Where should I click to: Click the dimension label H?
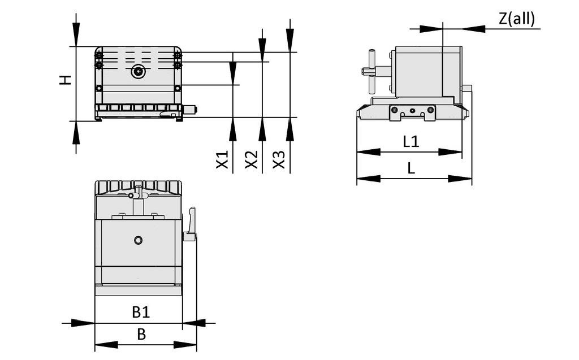pyautogui.click(x=67, y=80)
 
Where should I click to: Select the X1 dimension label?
pyautogui.click(x=223, y=160)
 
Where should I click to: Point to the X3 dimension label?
pyautogui.click(x=279, y=160)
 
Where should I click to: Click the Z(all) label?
pyautogui.click(x=516, y=19)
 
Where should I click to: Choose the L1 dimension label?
pyautogui.click(x=411, y=141)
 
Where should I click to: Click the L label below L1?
pyautogui.click(x=412, y=168)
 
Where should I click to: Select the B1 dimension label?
pyautogui.click(x=141, y=311)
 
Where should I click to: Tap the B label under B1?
pyautogui.click(x=141, y=334)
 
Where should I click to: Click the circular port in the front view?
pyautogui.click(x=138, y=72)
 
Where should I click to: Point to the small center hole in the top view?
pyautogui.click(x=138, y=240)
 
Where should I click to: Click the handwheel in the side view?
pyautogui.click(x=371, y=71)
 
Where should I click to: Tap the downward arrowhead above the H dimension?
pyautogui.click(x=76, y=37)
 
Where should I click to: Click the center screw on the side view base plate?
pyautogui.click(x=412, y=110)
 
